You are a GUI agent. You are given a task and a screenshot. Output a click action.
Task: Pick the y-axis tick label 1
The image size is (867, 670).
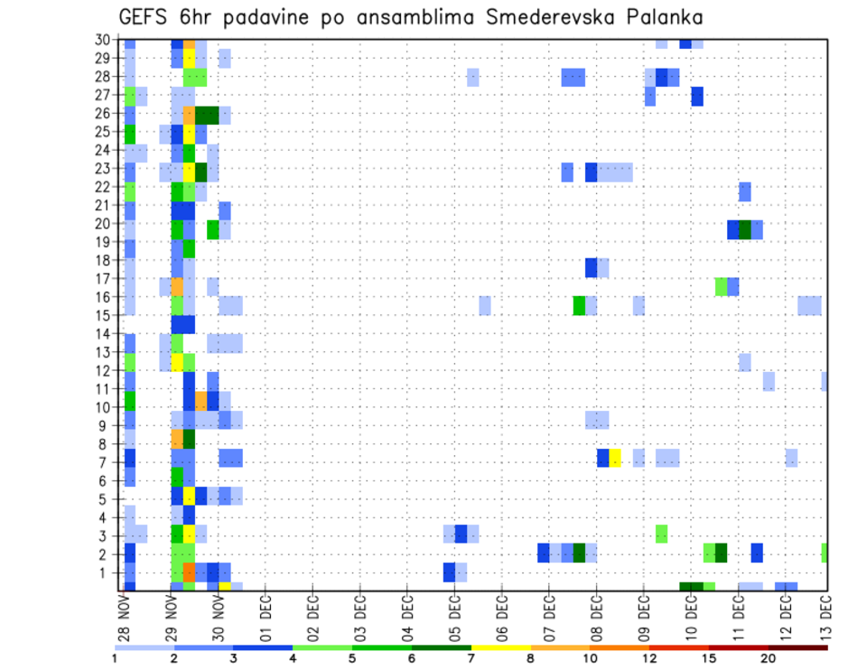pos(112,572)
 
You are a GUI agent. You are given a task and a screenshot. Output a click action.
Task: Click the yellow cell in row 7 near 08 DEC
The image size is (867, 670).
pos(615,458)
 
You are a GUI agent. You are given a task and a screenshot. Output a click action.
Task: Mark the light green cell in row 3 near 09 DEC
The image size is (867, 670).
pos(661,533)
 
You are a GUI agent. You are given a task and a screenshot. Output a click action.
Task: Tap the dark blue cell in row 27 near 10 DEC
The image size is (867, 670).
pos(697,97)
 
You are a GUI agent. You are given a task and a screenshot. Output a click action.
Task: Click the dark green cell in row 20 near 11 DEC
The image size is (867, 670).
pos(745,229)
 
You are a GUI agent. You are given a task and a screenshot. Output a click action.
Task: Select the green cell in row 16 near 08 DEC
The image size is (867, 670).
pos(579,305)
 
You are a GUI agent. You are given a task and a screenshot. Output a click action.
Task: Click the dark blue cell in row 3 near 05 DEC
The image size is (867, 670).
pos(461,533)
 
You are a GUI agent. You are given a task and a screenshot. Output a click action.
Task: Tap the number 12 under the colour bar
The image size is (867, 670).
pos(650,659)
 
